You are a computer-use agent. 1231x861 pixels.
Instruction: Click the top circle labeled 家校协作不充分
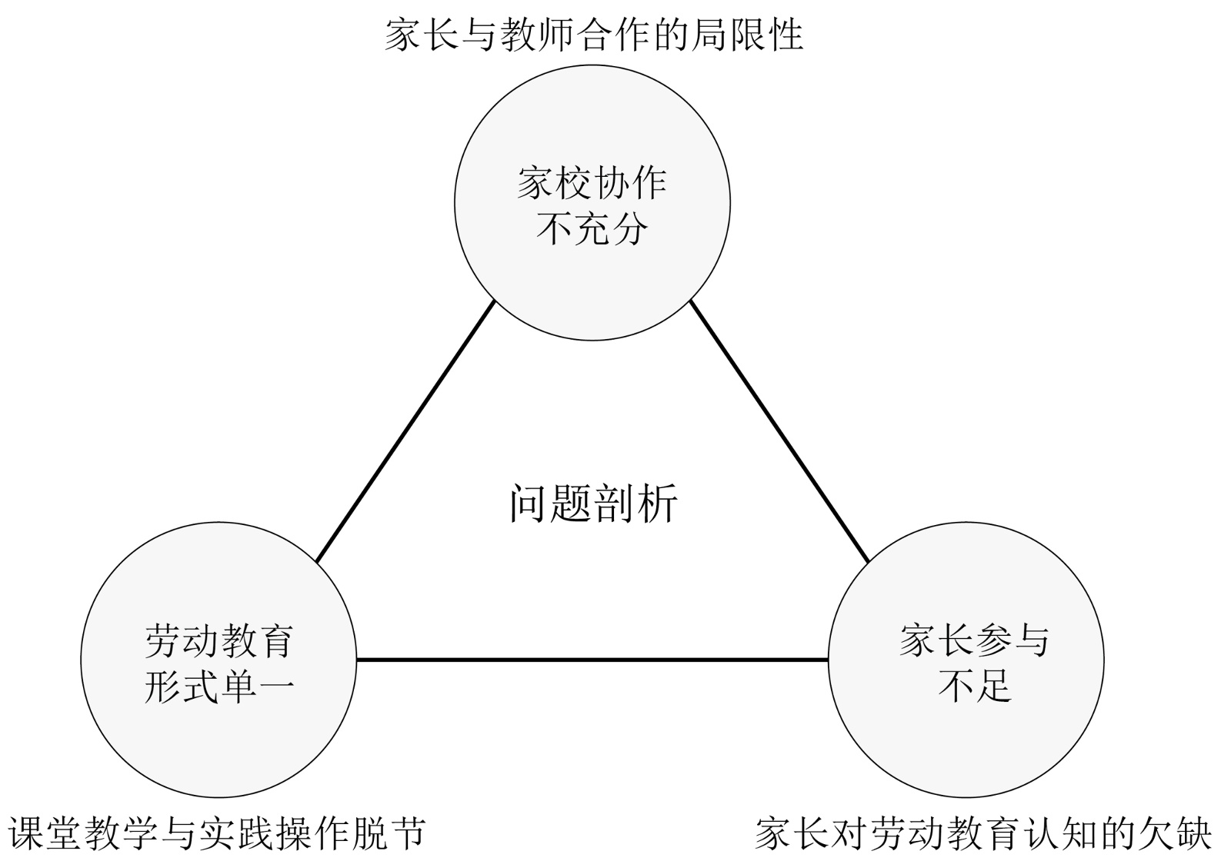click(x=592, y=138)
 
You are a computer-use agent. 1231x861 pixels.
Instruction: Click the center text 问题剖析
click(x=593, y=504)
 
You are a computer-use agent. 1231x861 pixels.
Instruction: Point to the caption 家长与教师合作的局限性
click(x=593, y=35)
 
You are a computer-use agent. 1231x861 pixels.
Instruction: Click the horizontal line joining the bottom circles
click(x=592, y=660)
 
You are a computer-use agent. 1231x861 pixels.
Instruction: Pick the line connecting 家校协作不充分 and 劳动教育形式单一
click(x=405, y=430)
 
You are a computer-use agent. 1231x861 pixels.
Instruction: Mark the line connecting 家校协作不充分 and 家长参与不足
click(x=779, y=430)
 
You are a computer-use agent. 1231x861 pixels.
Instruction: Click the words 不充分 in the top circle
click(x=592, y=228)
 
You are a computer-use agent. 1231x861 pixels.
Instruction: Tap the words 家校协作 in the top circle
click(x=592, y=183)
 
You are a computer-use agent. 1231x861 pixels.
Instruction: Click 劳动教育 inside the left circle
click(x=219, y=640)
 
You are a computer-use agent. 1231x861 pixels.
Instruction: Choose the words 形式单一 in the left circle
click(x=219, y=685)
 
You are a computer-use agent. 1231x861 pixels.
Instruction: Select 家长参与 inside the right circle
click(x=974, y=640)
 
